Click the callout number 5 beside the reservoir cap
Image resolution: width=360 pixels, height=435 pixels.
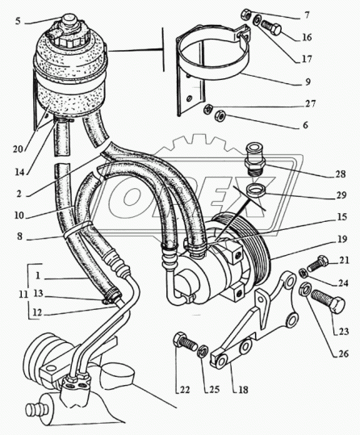[18, 21]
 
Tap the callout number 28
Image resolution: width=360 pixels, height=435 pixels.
[341, 174]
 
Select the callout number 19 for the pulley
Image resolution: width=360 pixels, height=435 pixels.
[342, 239]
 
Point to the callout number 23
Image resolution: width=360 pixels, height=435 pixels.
[344, 331]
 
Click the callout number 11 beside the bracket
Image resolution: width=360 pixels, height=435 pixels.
[23, 295]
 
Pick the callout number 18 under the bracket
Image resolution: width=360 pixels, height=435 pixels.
[243, 390]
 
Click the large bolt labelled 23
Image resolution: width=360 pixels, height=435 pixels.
[328, 302]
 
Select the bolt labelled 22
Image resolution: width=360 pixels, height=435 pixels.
[185, 341]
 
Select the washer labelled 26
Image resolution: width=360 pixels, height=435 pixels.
[304, 289]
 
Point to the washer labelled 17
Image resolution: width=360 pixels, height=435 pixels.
[257, 19]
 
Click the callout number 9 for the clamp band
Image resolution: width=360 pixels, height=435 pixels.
[307, 82]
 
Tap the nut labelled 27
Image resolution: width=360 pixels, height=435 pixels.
[208, 109]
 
